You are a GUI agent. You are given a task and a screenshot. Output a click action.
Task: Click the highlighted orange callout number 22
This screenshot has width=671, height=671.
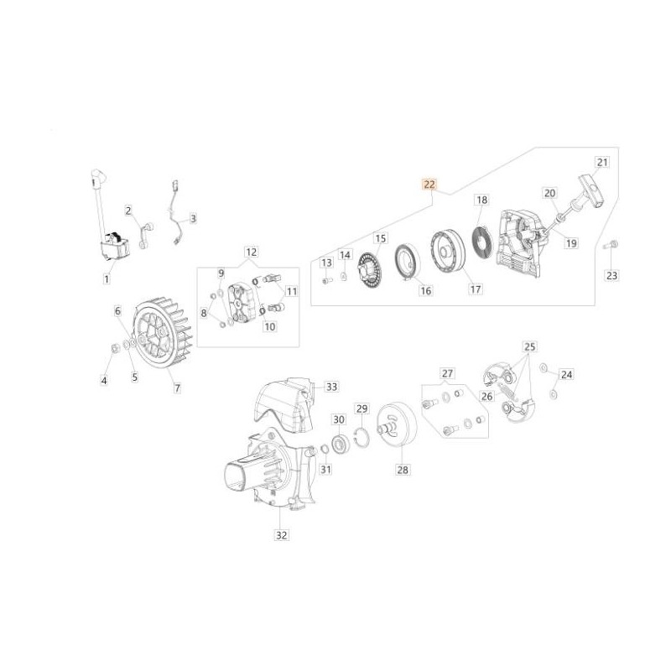click(x=429, y=185)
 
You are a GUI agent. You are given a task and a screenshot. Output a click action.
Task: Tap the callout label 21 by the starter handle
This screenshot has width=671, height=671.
click(x=602, y=162)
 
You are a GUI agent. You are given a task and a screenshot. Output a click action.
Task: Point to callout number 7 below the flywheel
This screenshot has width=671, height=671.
click(x=177, y=388)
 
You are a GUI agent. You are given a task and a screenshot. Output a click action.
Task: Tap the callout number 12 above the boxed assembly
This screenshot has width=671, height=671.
click(x=251, y=252)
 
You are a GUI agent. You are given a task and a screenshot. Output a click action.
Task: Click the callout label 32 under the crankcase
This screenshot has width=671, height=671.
click(x=281, y=535)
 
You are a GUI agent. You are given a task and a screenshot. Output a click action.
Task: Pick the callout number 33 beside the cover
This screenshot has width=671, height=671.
click(x=331, y=387)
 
